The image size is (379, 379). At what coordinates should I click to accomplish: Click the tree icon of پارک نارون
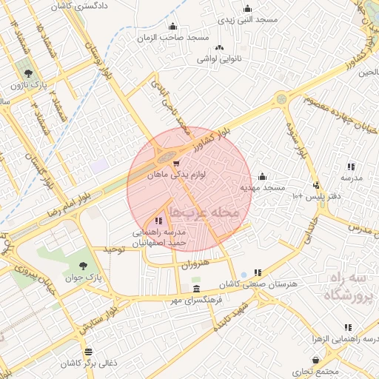pos(28,73)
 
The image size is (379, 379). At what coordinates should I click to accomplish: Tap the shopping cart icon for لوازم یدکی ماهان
pos(176,164)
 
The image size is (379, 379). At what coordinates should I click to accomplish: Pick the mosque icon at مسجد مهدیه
pos(262,176)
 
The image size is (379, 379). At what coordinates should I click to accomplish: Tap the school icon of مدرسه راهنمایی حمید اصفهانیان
pos(158,221)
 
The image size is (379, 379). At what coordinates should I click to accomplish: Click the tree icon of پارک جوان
pos(82,266)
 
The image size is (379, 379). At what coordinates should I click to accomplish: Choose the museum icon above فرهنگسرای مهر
pos(195,289)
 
